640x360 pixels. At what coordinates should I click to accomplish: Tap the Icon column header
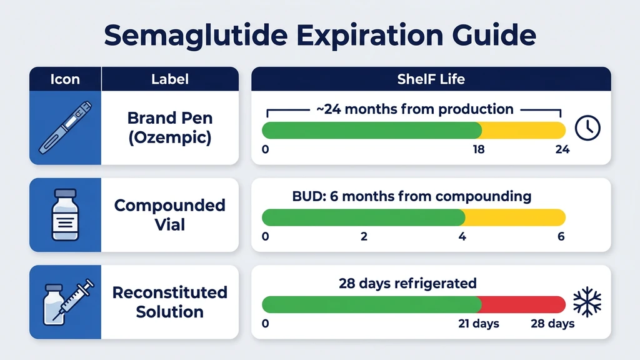tap(65, 79)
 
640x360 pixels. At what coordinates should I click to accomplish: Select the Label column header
tap(169, 79)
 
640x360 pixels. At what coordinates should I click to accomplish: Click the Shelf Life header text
tap(431, 79)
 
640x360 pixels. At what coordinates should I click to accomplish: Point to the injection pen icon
tap(65, 128)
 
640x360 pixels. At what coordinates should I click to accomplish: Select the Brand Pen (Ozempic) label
tap(169, 127)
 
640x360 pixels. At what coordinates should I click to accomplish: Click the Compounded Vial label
tap(169, 214)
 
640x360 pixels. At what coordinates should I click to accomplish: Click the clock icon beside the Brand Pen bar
tap(587, 127)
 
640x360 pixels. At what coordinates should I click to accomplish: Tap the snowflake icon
tap(587, 302)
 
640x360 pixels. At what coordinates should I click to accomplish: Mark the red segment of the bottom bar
tap(523, 304)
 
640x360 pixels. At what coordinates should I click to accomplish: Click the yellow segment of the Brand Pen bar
tap(523, 131)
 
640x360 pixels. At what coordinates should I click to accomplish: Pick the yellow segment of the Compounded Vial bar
tap(515, 217)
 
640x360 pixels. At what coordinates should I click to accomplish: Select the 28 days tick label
tap(552, 324)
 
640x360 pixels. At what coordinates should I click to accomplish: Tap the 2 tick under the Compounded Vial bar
tap(364, 237)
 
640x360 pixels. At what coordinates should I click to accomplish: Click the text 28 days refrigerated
tap(407, 283)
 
